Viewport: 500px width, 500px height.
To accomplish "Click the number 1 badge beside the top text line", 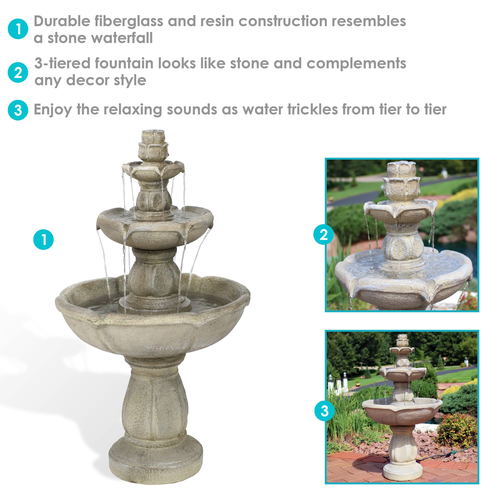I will pyautogui.click(x=18, y=29).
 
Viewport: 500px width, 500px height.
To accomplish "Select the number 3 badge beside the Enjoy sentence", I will pyautogui.click(x=18, y=110).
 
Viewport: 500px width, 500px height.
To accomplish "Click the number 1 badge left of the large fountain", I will pyautogui.click(x=43, y=239).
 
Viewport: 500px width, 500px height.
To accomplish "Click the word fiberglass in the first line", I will pyautogui.click(x=129, y=21).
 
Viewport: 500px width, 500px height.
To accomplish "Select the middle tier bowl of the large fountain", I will pyautogui.click(x=154, y=228).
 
